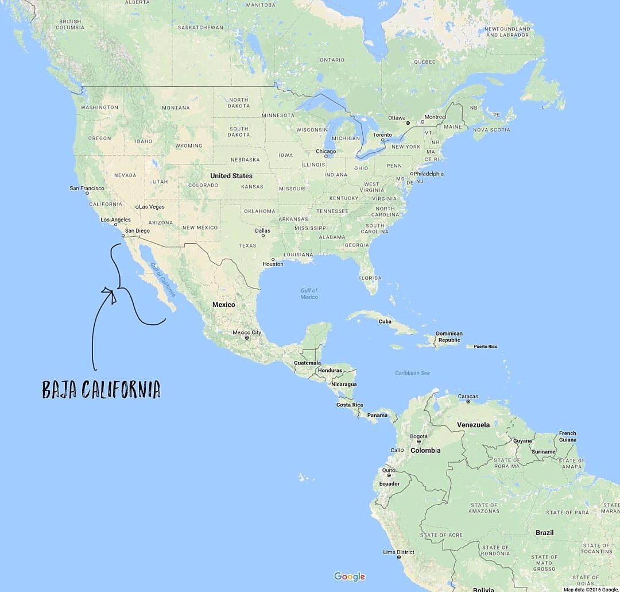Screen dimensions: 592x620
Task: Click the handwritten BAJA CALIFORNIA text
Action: [x=101, y=389]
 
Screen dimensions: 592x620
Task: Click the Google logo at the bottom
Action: [x=349, y=576]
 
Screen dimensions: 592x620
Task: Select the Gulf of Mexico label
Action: [x=309, y=294]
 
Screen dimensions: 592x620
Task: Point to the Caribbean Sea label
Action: [x=412, y=373]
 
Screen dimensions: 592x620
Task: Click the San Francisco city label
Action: [x=87, y=188]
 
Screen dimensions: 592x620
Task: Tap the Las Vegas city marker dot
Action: [x=138, y=207]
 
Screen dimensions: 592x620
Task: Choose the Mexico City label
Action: [x=247, y=332]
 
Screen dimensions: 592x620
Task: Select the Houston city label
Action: [x=273, y=264]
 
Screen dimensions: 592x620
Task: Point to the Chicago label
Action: [x=325, y=151]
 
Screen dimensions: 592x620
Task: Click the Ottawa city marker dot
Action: [x=408, y=123]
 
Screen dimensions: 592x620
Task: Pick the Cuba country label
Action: [x=385, y=321]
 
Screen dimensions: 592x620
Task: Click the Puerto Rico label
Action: [x=485, y=347]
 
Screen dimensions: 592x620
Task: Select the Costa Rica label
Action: [x=349, y=405]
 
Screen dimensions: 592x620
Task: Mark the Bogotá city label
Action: [x=418, y=436]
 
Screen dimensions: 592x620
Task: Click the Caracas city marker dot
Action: [x=468, y=402]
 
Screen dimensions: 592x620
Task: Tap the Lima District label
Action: [x=398, y=552]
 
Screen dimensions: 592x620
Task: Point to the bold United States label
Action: [x=231, y=176]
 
